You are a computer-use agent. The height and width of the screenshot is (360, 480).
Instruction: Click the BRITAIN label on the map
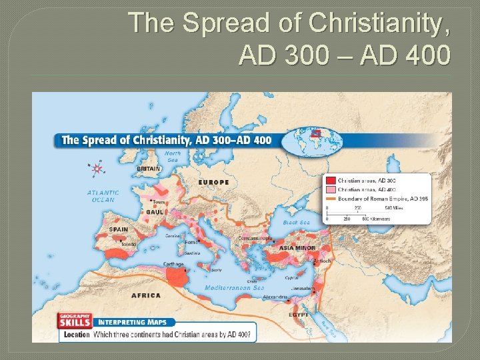148,169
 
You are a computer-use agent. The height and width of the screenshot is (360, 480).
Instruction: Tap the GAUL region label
155,211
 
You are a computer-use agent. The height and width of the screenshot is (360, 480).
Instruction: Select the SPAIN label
119,230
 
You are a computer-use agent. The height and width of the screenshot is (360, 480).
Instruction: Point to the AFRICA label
146,295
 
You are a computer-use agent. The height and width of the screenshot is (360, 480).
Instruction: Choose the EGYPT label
298,313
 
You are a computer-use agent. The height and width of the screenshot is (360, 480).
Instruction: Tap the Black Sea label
296,223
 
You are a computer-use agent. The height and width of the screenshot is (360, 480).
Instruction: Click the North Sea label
173,157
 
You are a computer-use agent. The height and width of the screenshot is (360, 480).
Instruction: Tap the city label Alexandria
275,297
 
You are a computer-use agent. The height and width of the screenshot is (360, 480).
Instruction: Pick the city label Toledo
128,245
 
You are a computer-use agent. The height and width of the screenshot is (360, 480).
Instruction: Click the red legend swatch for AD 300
330,181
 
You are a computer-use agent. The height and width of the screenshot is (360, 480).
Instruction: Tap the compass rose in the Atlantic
98,169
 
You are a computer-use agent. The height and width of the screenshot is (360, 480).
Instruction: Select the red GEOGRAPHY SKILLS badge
74,320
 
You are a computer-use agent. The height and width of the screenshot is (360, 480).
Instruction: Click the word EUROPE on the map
213,182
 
